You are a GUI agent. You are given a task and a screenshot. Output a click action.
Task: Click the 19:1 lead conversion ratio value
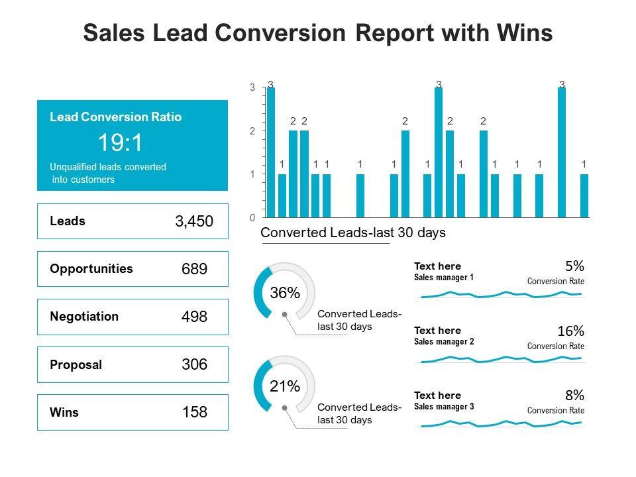(x=120, y=143)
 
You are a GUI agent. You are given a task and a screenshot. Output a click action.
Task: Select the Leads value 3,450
(x=194, y=221)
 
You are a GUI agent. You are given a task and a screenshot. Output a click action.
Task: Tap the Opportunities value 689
(x=194, y=269)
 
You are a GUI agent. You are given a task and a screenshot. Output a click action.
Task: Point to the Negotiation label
(x=84, y=316)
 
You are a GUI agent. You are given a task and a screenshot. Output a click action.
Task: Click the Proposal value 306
(x=194, y=364)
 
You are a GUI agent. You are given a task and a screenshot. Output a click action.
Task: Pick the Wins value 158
(x=194, y=412)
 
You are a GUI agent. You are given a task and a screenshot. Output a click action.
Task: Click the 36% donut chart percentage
(x=285, y=293)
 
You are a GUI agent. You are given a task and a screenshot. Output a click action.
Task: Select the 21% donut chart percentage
(x=285, y=386)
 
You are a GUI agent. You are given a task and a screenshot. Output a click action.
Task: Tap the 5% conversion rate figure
(x=574, y=266)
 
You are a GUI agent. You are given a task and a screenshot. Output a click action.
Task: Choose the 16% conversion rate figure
(x=571, y=331)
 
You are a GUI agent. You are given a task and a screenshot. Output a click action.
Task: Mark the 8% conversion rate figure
(x=574, y=396)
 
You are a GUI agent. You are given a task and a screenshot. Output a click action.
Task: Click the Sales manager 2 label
(x=444, y=342)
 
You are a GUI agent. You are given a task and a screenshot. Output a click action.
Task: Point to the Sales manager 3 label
(x=444, y=407)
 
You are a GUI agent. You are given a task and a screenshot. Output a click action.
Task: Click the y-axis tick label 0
(x=252, y=217)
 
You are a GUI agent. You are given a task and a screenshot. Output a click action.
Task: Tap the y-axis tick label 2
(x=252, y=131)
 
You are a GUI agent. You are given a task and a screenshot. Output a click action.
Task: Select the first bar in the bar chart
(x=271, y=152)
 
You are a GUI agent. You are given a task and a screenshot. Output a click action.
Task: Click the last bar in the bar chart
(x=584, y=195)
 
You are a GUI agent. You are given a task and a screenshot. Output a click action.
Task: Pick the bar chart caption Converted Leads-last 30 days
(x=353, y=233)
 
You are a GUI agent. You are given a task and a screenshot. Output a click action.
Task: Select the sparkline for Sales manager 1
(x=501, y=294)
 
